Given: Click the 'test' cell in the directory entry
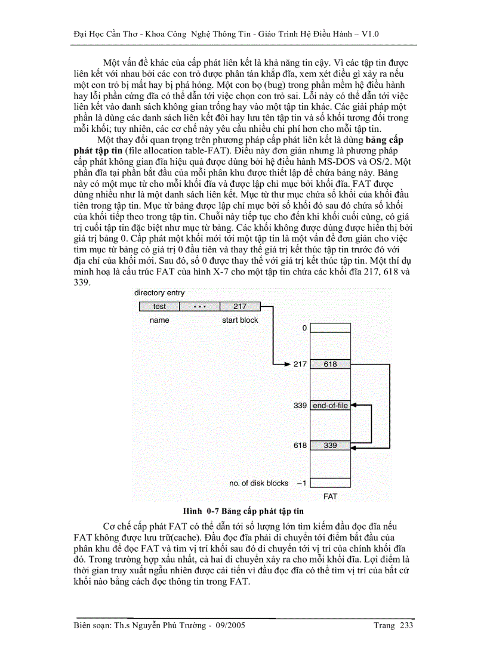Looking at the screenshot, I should (159, 307).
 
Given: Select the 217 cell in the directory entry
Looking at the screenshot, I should (240, 307).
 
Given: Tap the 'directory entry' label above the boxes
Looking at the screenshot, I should (159, 293).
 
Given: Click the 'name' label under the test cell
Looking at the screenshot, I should (159, 320).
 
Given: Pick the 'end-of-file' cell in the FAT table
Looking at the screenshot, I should (330, 406).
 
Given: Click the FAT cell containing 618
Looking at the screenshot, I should (330, 364).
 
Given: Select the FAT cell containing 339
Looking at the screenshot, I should (330, 446).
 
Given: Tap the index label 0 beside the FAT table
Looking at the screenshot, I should (304, 328).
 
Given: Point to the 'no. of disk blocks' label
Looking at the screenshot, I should (258, 483).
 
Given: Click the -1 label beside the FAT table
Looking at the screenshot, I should (302, 483).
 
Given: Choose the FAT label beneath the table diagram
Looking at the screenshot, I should (330, 496).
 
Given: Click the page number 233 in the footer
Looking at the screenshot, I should (406, 626).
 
